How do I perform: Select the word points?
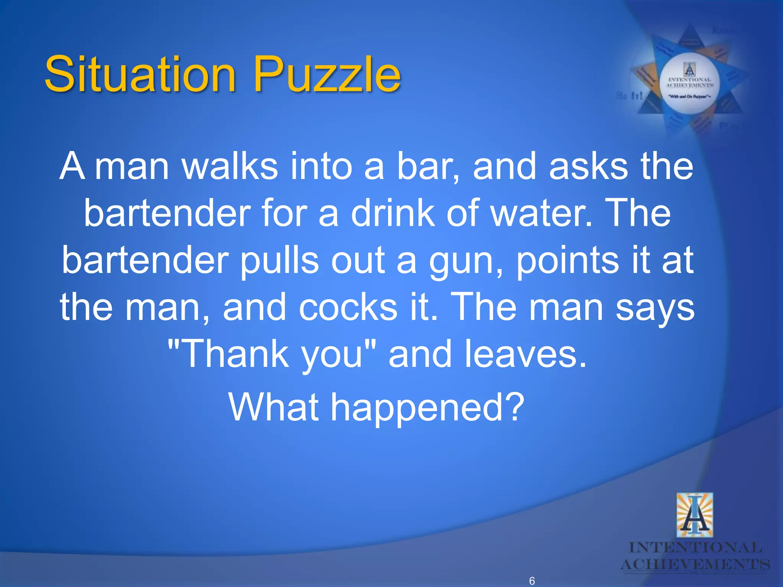click(x=567, y=261)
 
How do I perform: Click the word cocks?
click(x=348, y=307)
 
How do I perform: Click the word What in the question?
click(x=274, y=407)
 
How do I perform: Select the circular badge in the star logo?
click(x=690, y=83)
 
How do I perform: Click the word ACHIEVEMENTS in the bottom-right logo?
click(x=695, y=564)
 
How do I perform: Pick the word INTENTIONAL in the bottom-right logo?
click(x=695, y=548)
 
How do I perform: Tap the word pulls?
click(x=279, y=261)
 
